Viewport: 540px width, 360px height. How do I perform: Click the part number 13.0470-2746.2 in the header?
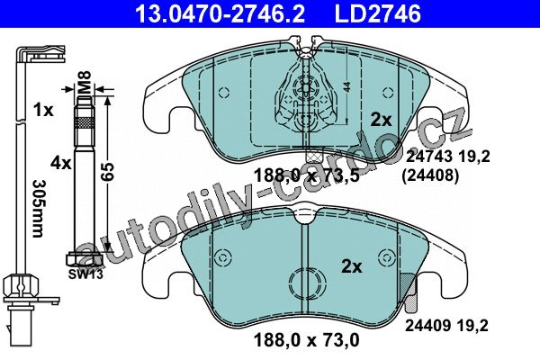pos(220,13)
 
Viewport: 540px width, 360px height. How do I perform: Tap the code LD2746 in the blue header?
pos(378,13)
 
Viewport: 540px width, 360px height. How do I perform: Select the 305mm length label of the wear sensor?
pos(39,208)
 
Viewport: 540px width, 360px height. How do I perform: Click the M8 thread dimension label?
pos(85,83)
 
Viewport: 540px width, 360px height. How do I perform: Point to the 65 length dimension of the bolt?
pos(108,172)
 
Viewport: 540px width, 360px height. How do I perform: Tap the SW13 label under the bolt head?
pos(85,274)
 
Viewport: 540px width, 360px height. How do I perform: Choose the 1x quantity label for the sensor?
pos(43,110)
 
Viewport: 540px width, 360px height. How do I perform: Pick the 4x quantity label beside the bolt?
pos(61,163)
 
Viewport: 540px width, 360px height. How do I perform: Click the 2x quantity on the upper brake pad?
pos(382,120)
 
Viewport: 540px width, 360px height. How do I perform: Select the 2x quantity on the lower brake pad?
pos(352,266)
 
